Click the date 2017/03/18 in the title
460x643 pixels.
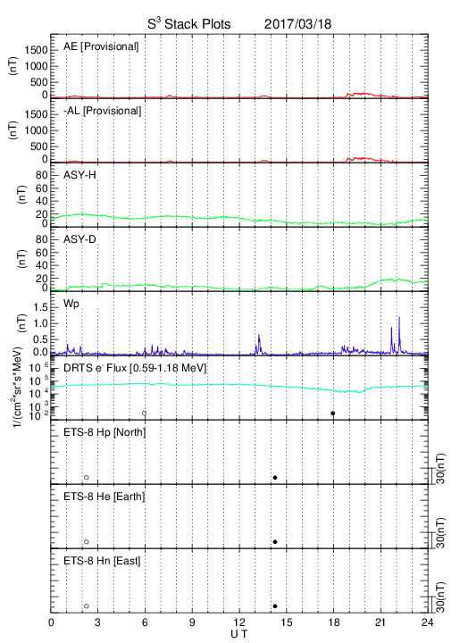(x=297, y=24)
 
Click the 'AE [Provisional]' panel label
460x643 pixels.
(x=101, y=46)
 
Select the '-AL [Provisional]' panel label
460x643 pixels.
(x=102, y=111)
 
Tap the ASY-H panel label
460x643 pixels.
(x=79, y=175)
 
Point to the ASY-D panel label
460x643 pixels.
(x=79, y=239)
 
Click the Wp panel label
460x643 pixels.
(x=71, y=305)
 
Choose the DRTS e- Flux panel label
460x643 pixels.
(x=135, y=368)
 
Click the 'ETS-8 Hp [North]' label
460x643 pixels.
(x=105, y=432)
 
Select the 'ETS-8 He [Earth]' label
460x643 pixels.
(x=105, y=497)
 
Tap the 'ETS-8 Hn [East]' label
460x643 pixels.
(x=102, y=561)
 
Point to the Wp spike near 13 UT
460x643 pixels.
(x=259, y=344)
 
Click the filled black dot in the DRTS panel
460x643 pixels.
(x=333, y=413)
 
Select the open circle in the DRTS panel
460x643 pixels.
(x=145, y=413)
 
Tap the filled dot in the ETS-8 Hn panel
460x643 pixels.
(x=275, y=606)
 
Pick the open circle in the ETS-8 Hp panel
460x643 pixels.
(x=87, y=478)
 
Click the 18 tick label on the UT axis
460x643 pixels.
(x=334, y=622)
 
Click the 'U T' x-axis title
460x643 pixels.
(x=239, y=634)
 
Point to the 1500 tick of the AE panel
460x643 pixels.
(x=36, y=50)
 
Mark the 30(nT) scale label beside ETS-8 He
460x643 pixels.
(x=440, y=533)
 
